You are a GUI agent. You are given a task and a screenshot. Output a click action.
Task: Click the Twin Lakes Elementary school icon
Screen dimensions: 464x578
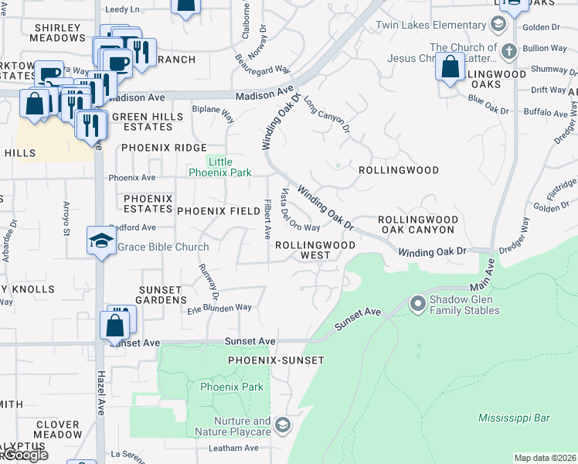(499, 25)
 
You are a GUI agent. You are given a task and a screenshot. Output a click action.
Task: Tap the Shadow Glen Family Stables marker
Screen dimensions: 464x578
(418, 303)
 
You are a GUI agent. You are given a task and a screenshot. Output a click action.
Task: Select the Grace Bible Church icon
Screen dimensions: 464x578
(101, 243)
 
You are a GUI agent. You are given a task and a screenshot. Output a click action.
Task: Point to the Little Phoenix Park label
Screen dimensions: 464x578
(220, 167)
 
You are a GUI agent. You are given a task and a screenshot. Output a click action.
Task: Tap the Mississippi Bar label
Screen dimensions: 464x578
(514, 418)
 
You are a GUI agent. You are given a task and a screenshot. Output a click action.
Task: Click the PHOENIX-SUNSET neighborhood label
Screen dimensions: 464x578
(275, 360)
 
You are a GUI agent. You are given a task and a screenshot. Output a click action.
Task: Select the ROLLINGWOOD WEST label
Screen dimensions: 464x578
(315, 250)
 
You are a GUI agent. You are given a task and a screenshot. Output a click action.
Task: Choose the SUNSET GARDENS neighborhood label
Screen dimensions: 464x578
(162, 294)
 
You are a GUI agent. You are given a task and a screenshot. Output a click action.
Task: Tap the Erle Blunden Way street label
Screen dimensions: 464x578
(220, 308)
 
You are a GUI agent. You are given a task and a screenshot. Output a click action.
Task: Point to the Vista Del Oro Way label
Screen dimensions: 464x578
(300, 210)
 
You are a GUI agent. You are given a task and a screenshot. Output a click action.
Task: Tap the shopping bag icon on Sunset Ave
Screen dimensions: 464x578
(114, 326)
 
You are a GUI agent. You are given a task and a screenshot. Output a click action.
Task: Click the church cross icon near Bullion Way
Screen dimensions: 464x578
(508, 52)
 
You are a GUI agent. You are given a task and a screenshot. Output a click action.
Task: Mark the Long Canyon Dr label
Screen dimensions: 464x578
(326, 114)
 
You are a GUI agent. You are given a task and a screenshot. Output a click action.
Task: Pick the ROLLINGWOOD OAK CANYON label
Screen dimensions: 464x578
(416, 224)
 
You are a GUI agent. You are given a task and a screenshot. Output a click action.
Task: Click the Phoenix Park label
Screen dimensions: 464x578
(232, 387)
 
